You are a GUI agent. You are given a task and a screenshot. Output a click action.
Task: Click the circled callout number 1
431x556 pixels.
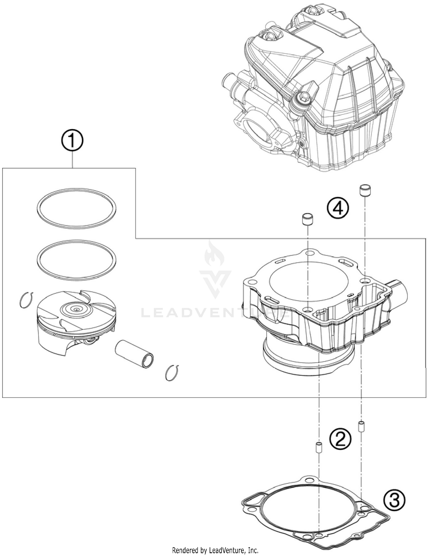pos(72,141)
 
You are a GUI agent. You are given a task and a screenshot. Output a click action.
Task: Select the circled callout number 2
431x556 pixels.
pos(340,439)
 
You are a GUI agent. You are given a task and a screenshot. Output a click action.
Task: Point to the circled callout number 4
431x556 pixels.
pos(338,208)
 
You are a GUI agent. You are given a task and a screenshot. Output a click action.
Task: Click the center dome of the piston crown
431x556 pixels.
pos(76,310)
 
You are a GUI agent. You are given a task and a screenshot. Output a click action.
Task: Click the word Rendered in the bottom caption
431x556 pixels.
pos(183,550)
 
